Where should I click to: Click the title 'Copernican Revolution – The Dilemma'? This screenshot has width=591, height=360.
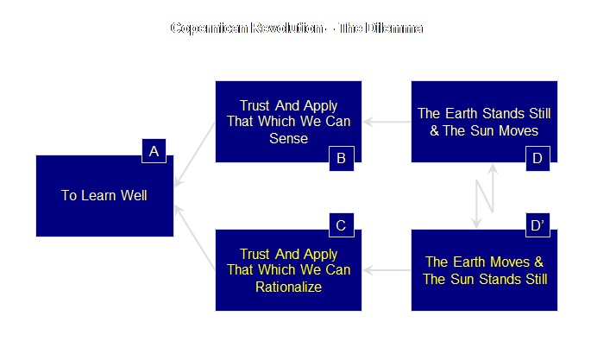point(296,28)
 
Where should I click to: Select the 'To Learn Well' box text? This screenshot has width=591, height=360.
point(104,196)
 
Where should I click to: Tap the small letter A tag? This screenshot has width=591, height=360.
point(154,152)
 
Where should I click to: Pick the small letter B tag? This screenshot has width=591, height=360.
point(341,159)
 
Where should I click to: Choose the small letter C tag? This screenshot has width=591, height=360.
point(341,226)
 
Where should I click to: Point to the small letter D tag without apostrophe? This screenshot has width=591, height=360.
point(537,159)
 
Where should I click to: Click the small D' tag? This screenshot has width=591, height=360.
point(538,226)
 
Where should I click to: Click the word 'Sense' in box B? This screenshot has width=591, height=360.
point(288,138)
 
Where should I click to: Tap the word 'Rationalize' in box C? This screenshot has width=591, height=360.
point(288,287)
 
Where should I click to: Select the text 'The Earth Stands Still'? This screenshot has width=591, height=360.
point(483,113)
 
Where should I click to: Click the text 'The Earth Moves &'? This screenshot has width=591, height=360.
point(483,262)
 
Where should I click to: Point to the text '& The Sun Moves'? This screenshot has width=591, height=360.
point(483,131)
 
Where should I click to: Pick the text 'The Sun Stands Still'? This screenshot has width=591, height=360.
point(485,280)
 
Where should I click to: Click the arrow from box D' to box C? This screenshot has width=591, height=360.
point(386,270)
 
